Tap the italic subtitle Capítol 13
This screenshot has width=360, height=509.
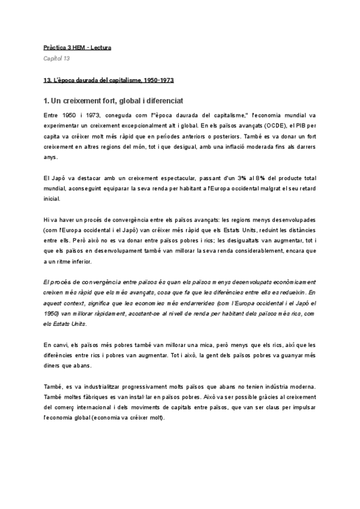click(57, 58)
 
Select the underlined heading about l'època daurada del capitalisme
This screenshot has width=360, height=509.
click(109, 80)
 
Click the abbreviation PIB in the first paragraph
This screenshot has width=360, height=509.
click(299, 126)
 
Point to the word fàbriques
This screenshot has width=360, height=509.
click(107, 397)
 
